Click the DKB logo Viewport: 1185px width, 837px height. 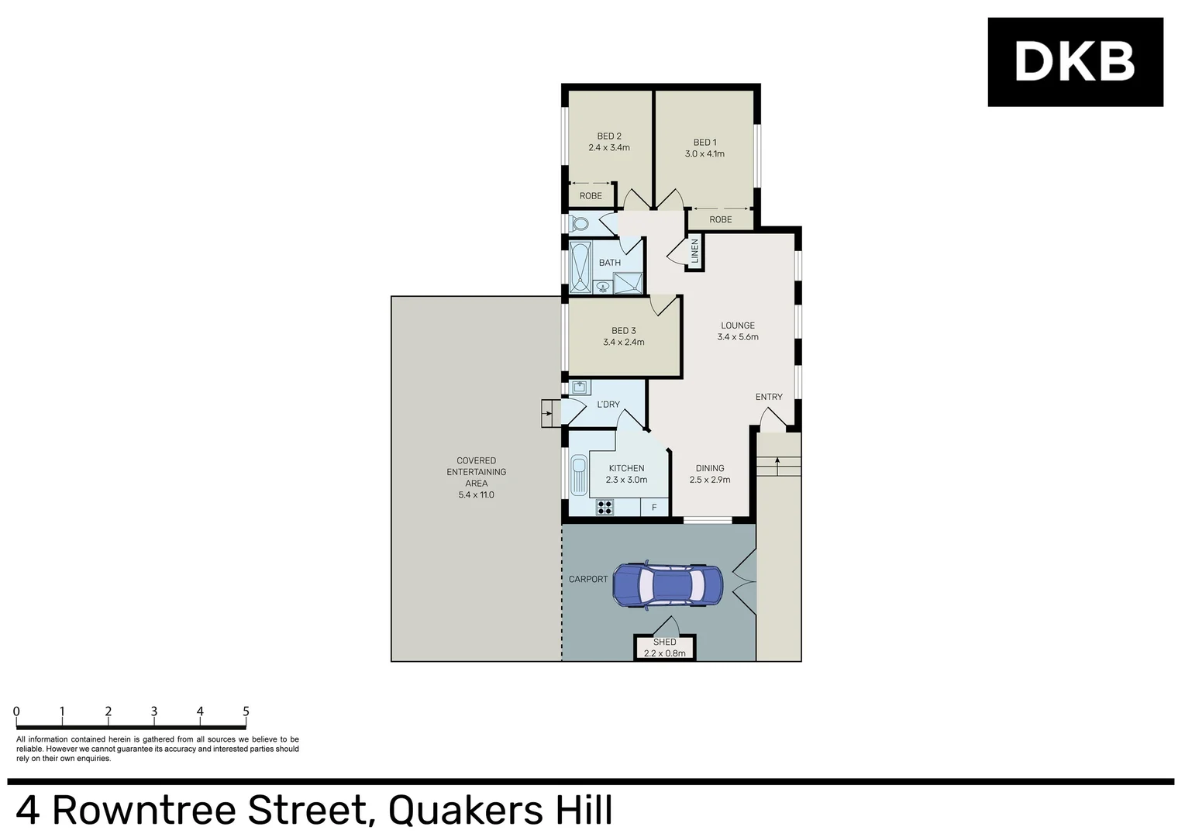(1074, 61)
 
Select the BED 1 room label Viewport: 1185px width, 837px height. (704, 143)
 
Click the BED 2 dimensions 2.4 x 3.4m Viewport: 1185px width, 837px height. (608, 147)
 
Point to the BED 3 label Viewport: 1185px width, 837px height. (623, 331)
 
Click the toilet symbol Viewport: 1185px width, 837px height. (578, 225)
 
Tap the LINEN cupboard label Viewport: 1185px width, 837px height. (694, 252)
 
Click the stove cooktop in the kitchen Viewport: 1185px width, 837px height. (605, 507)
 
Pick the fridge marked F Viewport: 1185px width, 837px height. (654, 508)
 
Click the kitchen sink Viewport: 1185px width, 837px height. (578, 474)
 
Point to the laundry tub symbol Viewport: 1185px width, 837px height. (579, 387)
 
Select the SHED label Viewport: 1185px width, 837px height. (664, 642)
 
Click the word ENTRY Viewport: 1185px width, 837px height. (769, 397)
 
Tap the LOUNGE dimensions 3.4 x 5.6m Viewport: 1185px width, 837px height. (737, 337)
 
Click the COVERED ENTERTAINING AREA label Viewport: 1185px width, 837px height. (476, 472)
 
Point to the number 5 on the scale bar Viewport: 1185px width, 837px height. (246, 711)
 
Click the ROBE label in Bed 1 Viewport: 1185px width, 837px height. (720, 219)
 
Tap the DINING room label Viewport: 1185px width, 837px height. (709, 468)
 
